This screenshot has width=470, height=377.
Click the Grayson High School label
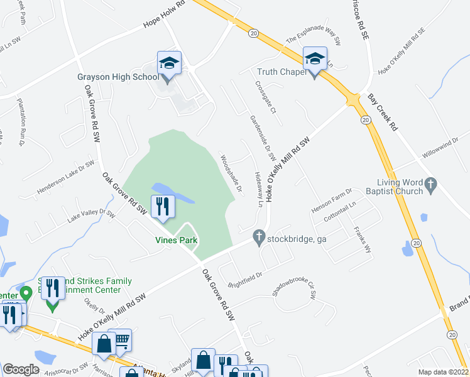tap(118, 77)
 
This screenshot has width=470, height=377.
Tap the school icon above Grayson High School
tap(169, 63)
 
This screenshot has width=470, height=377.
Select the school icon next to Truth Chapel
tap(315, 60)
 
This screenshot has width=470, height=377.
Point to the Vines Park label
tap(177, 240)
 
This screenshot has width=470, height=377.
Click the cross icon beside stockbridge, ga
tap(258, 237)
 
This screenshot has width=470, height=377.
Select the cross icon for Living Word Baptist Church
tap(430, 184)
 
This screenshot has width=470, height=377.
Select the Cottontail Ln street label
tap(339, 213)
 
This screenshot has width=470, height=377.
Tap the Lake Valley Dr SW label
tap(91, 217)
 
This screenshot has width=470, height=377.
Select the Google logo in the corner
tap(21, 369)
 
